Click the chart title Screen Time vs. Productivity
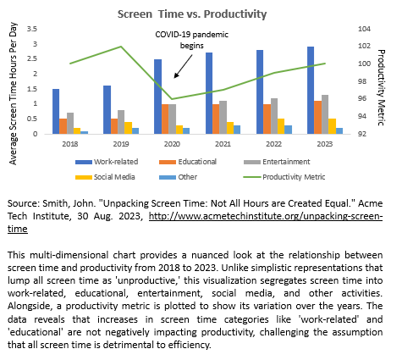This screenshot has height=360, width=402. (x=192, y=14)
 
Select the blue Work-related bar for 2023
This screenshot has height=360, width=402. (x=311, y=91)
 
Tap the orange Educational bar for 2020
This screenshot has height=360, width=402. (x=165, y=119)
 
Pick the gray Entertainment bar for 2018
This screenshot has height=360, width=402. (x=70, y=124)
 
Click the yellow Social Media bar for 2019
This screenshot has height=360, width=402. (x=128, y=128)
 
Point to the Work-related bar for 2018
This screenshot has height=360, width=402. (x=56, y=112)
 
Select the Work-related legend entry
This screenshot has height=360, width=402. (x=107, y=162)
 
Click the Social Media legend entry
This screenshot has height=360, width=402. (x=105, y=177)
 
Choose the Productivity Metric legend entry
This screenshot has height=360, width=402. (x=284, y=177)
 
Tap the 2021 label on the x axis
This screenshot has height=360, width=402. (x=223, y=144)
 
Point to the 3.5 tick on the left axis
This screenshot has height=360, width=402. (x=32, y=29)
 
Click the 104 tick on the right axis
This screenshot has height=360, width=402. (x=365, y=29)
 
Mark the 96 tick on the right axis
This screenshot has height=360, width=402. (x=362, y=98)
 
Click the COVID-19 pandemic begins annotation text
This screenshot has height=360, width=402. (x=192, y=40)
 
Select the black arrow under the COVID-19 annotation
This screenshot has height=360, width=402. (x=183, y=66)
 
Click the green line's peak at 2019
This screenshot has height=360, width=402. (x=121, y=47)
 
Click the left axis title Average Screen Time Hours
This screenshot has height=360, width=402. (x=13, y=93)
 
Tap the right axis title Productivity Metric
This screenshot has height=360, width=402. (x=381, y=87)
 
